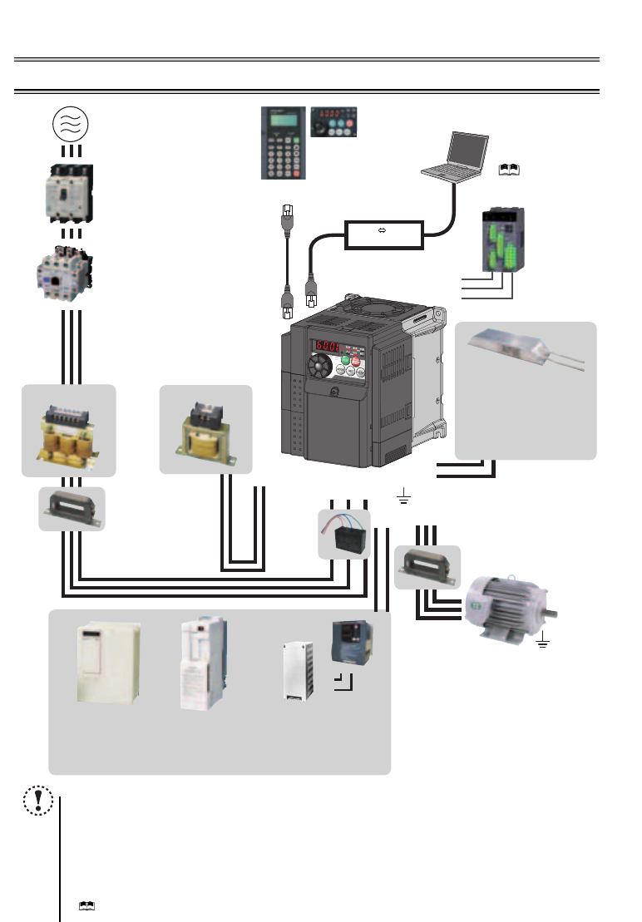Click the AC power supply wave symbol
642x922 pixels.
71,125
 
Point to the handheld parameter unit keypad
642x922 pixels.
281,142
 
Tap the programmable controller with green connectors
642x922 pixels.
501,243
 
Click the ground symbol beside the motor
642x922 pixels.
543,642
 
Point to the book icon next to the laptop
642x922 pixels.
507,169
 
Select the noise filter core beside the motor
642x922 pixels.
427,566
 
